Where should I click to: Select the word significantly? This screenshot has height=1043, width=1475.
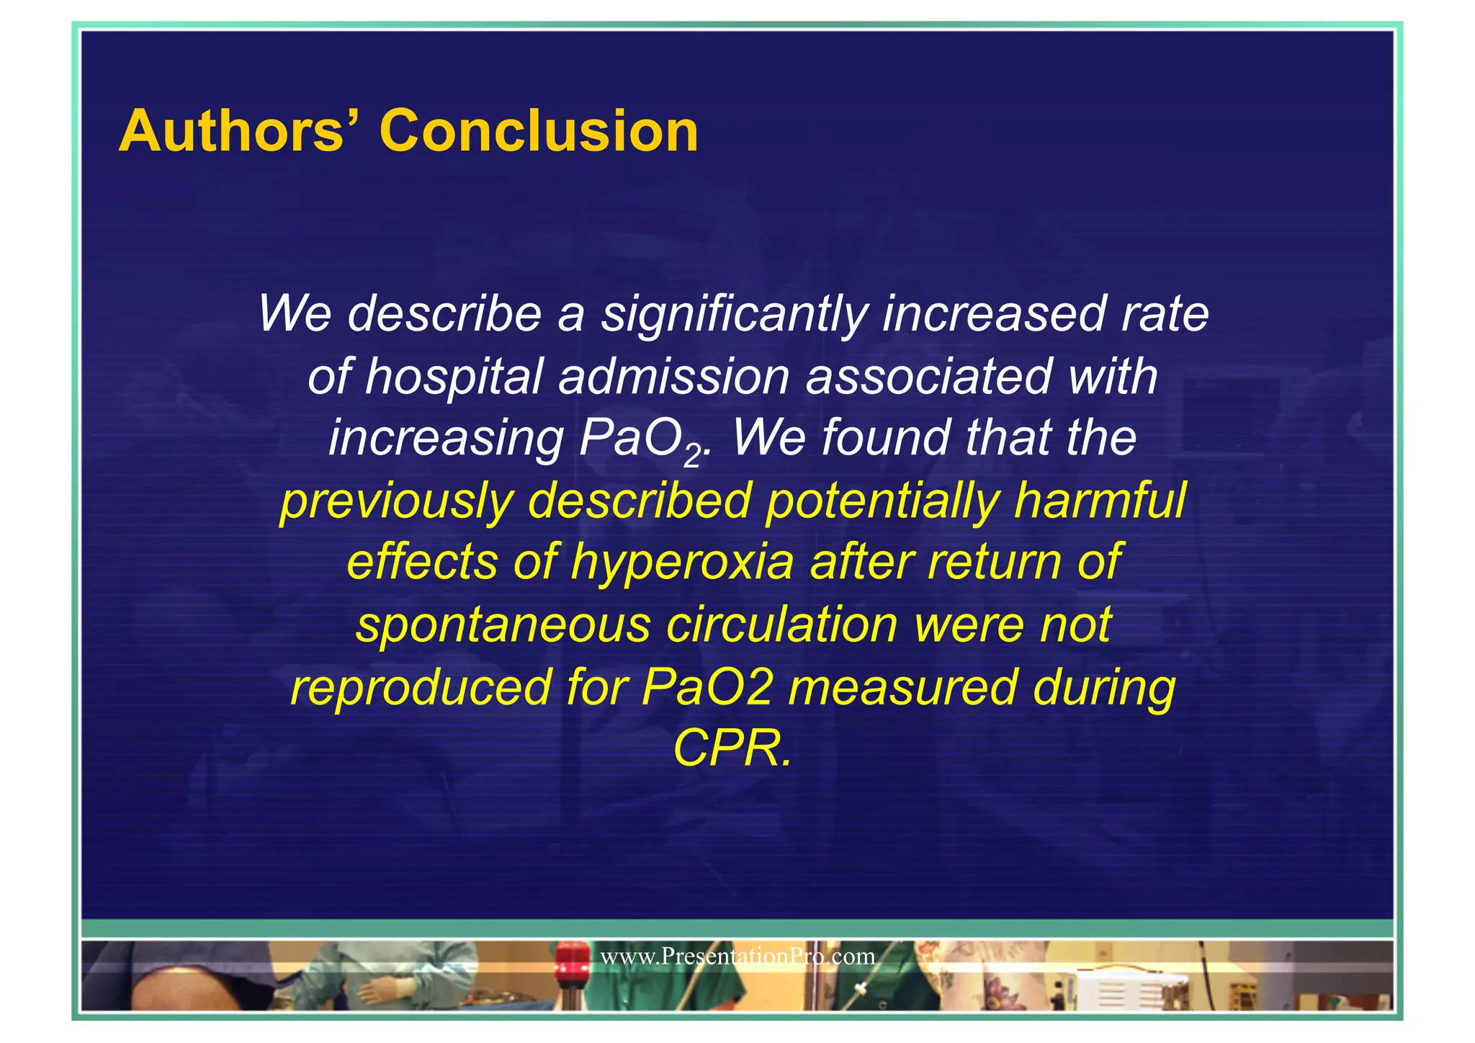[x=734, y=314]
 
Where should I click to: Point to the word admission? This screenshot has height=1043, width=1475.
[x=673, y=377]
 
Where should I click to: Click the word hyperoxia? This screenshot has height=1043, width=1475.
[x=683, y=563]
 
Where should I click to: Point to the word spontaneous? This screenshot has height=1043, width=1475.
[x=503, y=625]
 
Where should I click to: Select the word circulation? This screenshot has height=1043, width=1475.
[x=781, y=625]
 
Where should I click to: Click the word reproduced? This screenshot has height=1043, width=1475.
[x=421, y=687]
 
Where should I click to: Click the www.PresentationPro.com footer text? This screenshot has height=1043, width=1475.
[x=737, y=957]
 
